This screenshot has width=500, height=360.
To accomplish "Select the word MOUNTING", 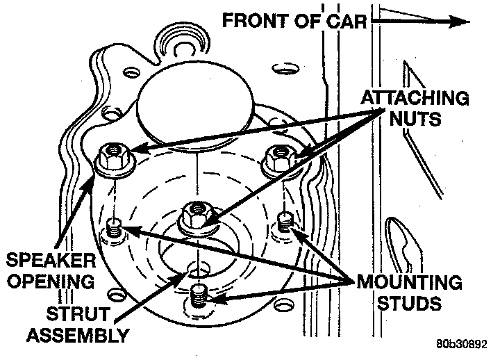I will (x=408, y=283).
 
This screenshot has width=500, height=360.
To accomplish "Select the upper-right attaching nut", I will (x=278, y=157).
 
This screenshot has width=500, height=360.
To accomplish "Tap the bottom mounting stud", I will (x=199, y=296).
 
